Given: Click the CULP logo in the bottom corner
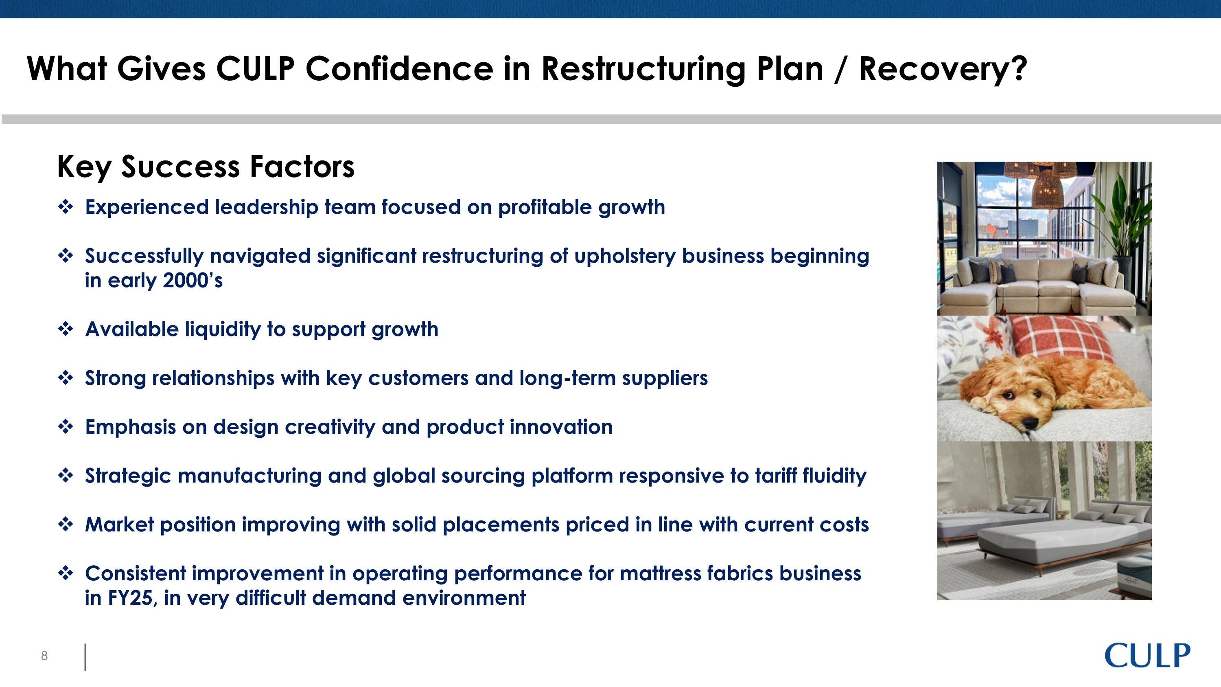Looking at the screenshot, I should tap(1147, 655).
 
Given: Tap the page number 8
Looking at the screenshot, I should tap(44, 656).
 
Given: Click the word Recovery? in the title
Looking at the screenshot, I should tap(942, 69).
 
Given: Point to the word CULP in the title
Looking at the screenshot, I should tap(255, 69).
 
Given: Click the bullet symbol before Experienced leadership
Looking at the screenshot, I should tap(66, 207).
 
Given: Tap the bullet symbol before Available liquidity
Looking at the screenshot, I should tap(66, 329).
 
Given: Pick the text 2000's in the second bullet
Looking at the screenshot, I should tap(193, 280).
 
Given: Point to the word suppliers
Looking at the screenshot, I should tap(665, 378).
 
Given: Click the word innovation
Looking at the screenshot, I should tap(561, 427).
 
